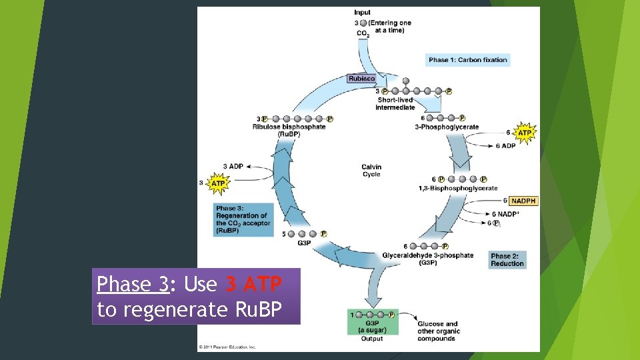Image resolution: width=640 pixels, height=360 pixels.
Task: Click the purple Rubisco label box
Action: pyautogui.click(x=362, y=79)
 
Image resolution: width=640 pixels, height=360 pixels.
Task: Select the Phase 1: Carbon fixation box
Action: pyautogui.click(x=468, y=60)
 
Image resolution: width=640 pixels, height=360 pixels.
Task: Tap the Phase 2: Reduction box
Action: pyautogui.click(x=508, y=260)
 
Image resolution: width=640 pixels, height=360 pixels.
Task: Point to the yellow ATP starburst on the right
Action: pyautogui.click(x=525, y=133)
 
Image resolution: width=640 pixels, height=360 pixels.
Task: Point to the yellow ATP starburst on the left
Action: pyautogui.click(x=218, y=182)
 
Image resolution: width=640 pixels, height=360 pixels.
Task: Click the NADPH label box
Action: pyautogui.click(x=523, y=201)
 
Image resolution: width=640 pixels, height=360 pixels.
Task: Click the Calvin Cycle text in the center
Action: pyautogui.click(x=371, y=171)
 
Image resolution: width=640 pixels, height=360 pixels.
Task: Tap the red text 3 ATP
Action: pyautogui.click(x=254, y=285)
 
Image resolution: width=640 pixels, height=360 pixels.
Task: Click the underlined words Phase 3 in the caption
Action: pyautogui.click(x=133, y=285)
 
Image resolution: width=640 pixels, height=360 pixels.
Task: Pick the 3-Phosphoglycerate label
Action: pyautogui.click(x=447, y=127)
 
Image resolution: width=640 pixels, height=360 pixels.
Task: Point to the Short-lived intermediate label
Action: pyautogui.click(x=395, y=103)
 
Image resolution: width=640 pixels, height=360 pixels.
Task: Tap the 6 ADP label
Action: pyautogui.click(x=504, y=146)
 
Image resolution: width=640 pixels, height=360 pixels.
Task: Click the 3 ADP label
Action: pyautogui.click(x=233, y=166)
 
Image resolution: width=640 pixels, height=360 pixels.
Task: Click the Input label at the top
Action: pyautogui.click(x=363, y=13)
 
